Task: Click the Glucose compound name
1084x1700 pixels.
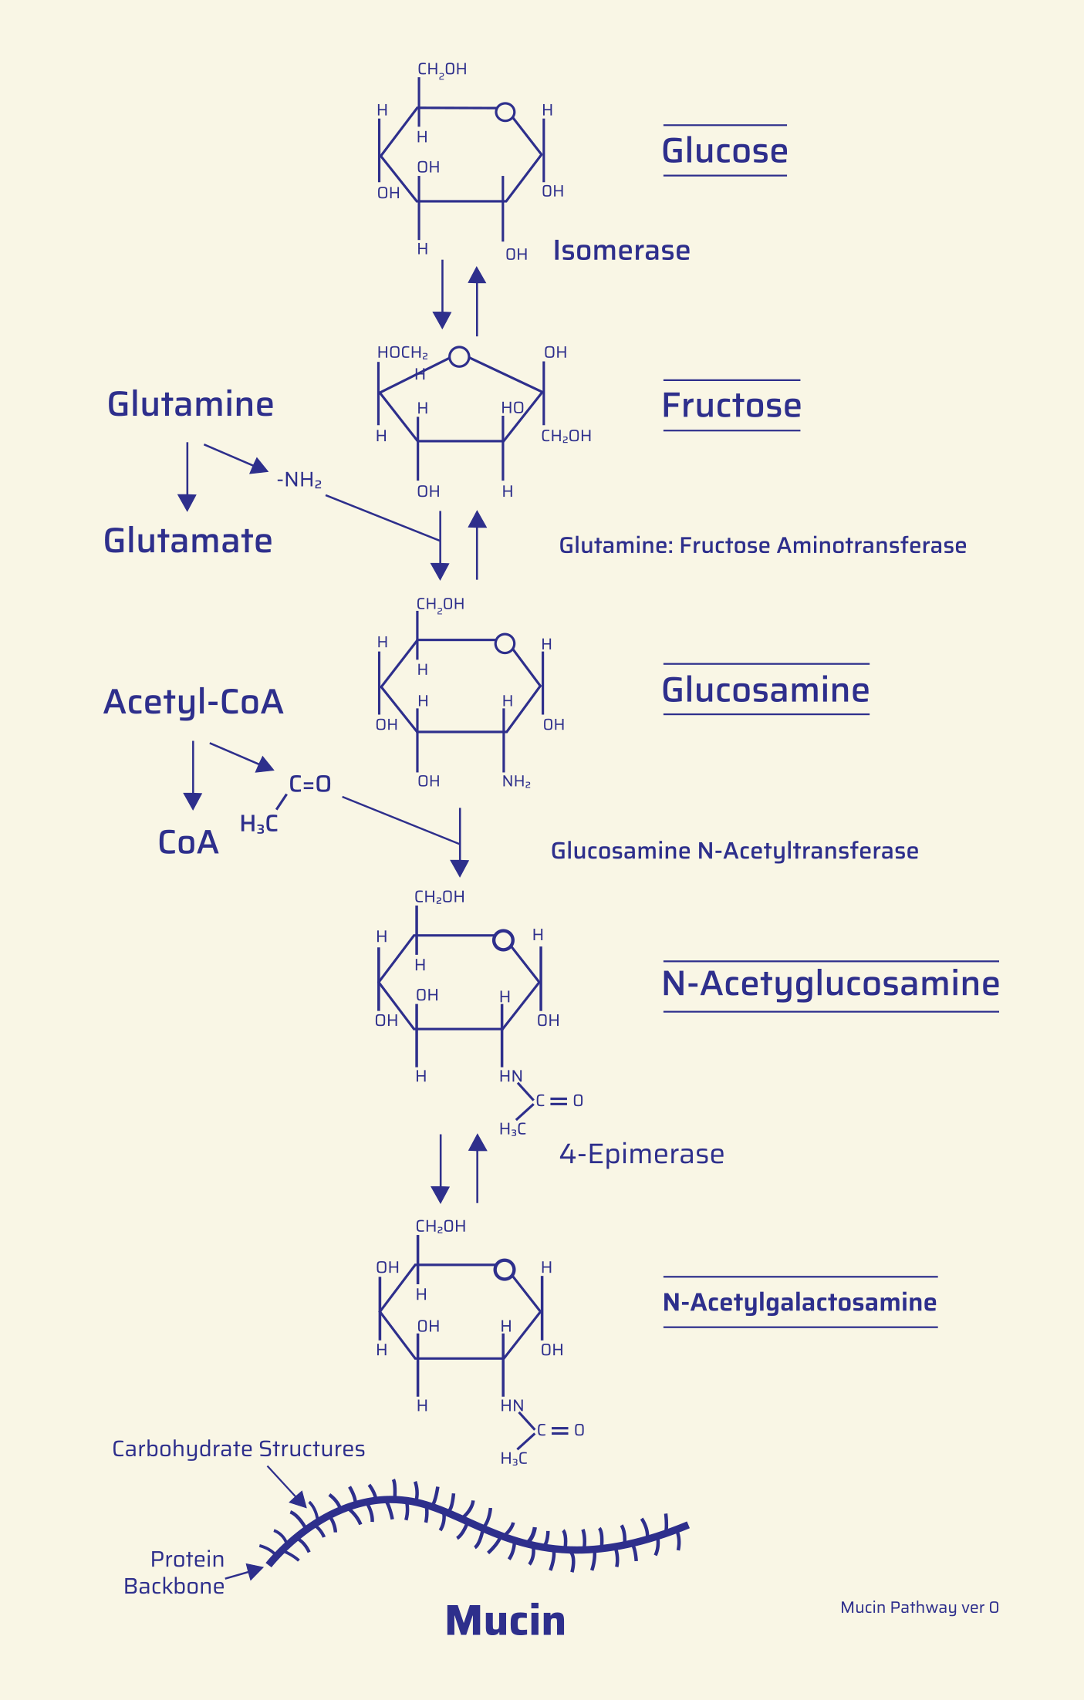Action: (724, 151)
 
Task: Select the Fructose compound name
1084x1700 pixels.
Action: (731, 406)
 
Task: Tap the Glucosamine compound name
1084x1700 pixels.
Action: (765, 690)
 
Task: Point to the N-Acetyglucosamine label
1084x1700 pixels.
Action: (830, 983)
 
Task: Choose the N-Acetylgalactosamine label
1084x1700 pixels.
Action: (799, 1302)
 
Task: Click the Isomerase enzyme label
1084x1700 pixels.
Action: (621, 251)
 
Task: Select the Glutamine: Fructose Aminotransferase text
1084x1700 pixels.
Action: (762, 545)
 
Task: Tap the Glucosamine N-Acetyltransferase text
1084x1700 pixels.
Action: (734, 851)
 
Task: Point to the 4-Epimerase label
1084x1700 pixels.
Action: (641, 1154)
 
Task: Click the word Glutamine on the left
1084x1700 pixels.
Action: (191, 404)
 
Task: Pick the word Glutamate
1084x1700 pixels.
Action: (188, 541)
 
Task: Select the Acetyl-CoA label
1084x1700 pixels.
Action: (194, 702)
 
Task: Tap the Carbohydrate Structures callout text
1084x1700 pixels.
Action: (238, 1449)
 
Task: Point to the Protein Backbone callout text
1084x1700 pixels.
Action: (175, 1572)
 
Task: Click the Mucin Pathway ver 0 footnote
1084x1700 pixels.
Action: (919, 1607)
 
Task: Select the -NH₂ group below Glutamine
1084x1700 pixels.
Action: (299, 481)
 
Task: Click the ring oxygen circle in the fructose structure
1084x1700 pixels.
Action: (459, 357)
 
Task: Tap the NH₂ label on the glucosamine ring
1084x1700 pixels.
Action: (516, 782)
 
